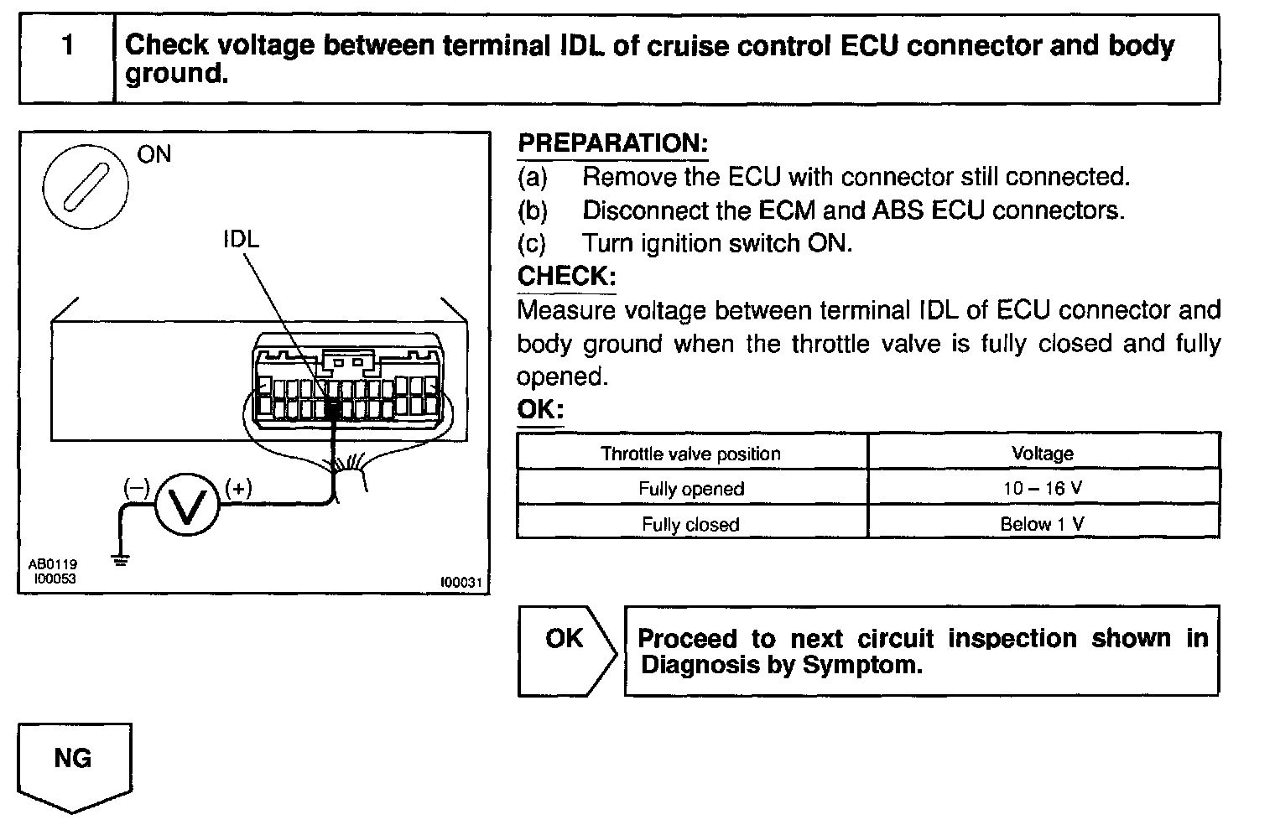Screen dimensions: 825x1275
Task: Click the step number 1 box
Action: (x=66, y=59)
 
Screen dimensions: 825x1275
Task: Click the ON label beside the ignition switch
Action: (x=154, y=154)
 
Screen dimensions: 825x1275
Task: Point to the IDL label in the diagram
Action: (x=241, y=239)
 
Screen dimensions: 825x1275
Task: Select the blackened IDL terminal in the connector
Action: (x=332, y=409)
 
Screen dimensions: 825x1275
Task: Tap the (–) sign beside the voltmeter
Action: (x=136, y=487)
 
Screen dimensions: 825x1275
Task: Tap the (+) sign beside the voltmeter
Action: (x=238, y=487)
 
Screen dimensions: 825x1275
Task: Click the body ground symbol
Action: (x=122, y=559)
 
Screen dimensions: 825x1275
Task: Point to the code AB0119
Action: (x=52, y=565)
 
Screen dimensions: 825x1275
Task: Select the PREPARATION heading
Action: (x=612, y=143)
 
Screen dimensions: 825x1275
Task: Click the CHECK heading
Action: (x=566, y=276)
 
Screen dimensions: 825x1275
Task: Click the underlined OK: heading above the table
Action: (x=540, y=410)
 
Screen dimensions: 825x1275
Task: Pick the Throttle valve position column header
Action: (x=690, y=454)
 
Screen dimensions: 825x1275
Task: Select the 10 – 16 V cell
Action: (x=1043, y=489)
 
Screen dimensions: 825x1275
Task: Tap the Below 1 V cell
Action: (x=1043, y=524)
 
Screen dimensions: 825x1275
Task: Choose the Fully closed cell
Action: (x=690, y=524)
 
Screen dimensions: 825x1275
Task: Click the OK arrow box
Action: (x=565, y=650)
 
